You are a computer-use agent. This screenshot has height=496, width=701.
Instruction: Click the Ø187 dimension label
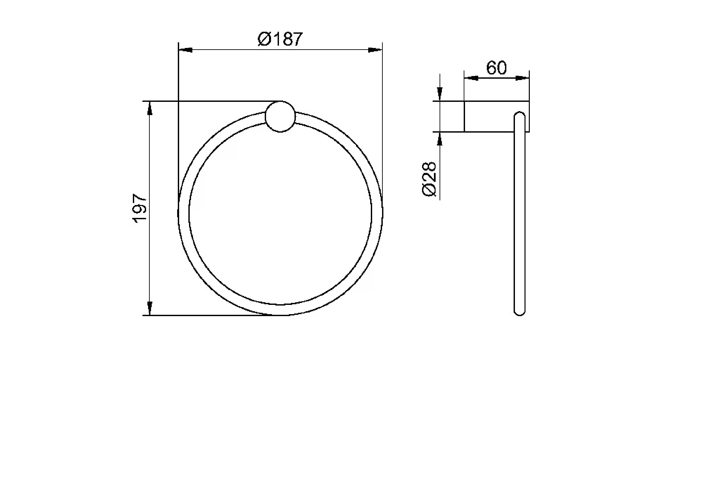pos(280,39)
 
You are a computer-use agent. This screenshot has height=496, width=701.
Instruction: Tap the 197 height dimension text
pos(140,209)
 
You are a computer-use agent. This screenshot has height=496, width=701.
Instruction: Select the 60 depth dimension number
pos(496,68)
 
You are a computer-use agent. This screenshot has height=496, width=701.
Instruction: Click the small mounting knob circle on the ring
pos(280,117)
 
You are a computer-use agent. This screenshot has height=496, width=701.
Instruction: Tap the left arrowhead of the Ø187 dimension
pos(185,50)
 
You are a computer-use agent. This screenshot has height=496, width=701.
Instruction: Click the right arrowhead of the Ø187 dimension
pos(375,50)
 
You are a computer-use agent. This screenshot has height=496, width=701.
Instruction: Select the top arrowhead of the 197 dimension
pos(150,108)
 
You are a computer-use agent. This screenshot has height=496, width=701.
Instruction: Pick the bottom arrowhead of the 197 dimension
pos(150,308)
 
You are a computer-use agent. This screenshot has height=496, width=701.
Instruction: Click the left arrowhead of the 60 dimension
pos(471,78)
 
